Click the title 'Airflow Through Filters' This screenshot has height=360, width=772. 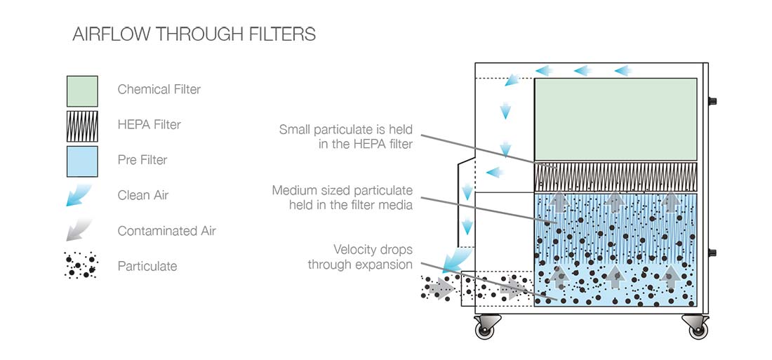(x=194, y=34)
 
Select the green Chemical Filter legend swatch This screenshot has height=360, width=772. (x=82, y=91)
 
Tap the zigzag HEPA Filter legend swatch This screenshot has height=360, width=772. (x=82, y=126)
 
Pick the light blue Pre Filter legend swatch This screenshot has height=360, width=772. (x=82, y=161)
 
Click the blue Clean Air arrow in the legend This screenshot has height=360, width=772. (x=79, y=195)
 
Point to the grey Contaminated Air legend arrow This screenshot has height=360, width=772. (x=79, y=231)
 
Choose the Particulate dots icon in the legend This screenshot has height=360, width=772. (x=81, y=266)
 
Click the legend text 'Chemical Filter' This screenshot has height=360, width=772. (x=159, y=89)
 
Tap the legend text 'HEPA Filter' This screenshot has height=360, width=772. (x=149, y=124)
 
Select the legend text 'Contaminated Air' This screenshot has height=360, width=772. (x=166, y=231)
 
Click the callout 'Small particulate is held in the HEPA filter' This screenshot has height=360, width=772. (x=345, y=136)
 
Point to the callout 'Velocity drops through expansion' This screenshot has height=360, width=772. (x=360, y=257)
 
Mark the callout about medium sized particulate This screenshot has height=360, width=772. (x=342, y=197)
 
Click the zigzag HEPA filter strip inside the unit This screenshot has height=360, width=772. (x=615, y=176)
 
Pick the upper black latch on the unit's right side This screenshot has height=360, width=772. (x=712, y=101)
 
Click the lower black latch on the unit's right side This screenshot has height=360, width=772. (x=712, y=253)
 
